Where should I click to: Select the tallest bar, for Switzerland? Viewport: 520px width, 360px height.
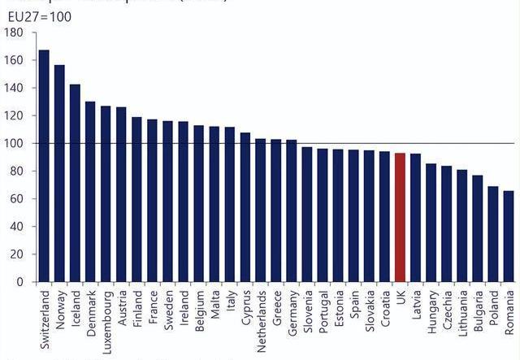44,167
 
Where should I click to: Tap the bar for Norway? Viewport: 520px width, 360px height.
59,174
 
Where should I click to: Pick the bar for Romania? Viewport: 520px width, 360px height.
509,236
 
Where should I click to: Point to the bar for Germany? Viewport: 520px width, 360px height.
291,211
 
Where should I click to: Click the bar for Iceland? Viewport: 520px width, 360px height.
75,184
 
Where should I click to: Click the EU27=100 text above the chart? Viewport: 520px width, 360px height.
39,15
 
